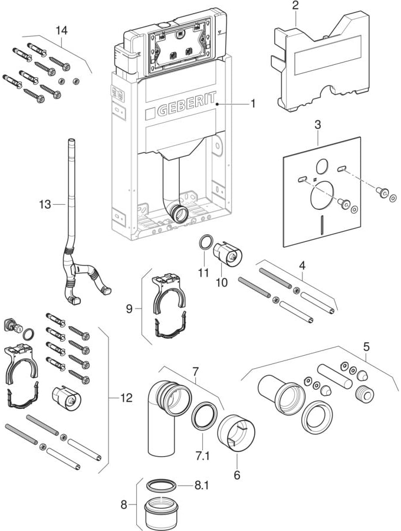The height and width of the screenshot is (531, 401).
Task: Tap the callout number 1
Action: click(252, 104)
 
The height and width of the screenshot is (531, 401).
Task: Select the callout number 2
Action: click(295, 5)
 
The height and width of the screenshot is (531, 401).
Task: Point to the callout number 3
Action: click(317, 125)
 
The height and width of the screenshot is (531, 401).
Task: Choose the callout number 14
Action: click(62, 29)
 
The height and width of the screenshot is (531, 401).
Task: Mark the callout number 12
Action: click(126, 398)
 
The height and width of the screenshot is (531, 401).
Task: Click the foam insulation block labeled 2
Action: click(319, 65)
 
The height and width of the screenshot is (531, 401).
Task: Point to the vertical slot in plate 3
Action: click(321, 225)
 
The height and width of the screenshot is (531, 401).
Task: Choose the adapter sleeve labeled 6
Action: click(237, 434)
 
